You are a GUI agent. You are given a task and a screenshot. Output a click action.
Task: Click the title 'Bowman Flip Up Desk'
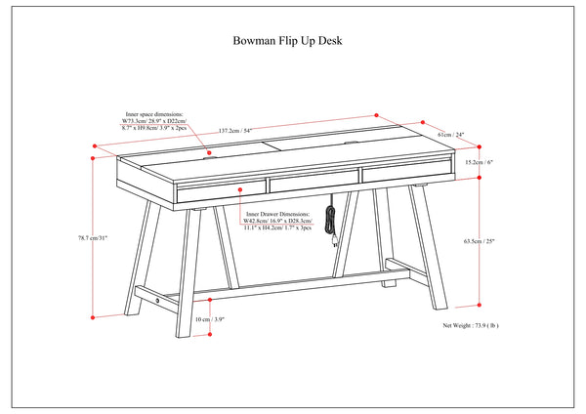click(x=286, y=41)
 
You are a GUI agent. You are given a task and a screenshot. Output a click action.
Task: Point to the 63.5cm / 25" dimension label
click(x=508, y=240)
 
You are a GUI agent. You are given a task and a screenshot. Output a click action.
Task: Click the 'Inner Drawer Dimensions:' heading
click(x=278, y=212)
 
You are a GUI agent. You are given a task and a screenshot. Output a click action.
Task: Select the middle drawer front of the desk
click(x=313, y=184)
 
